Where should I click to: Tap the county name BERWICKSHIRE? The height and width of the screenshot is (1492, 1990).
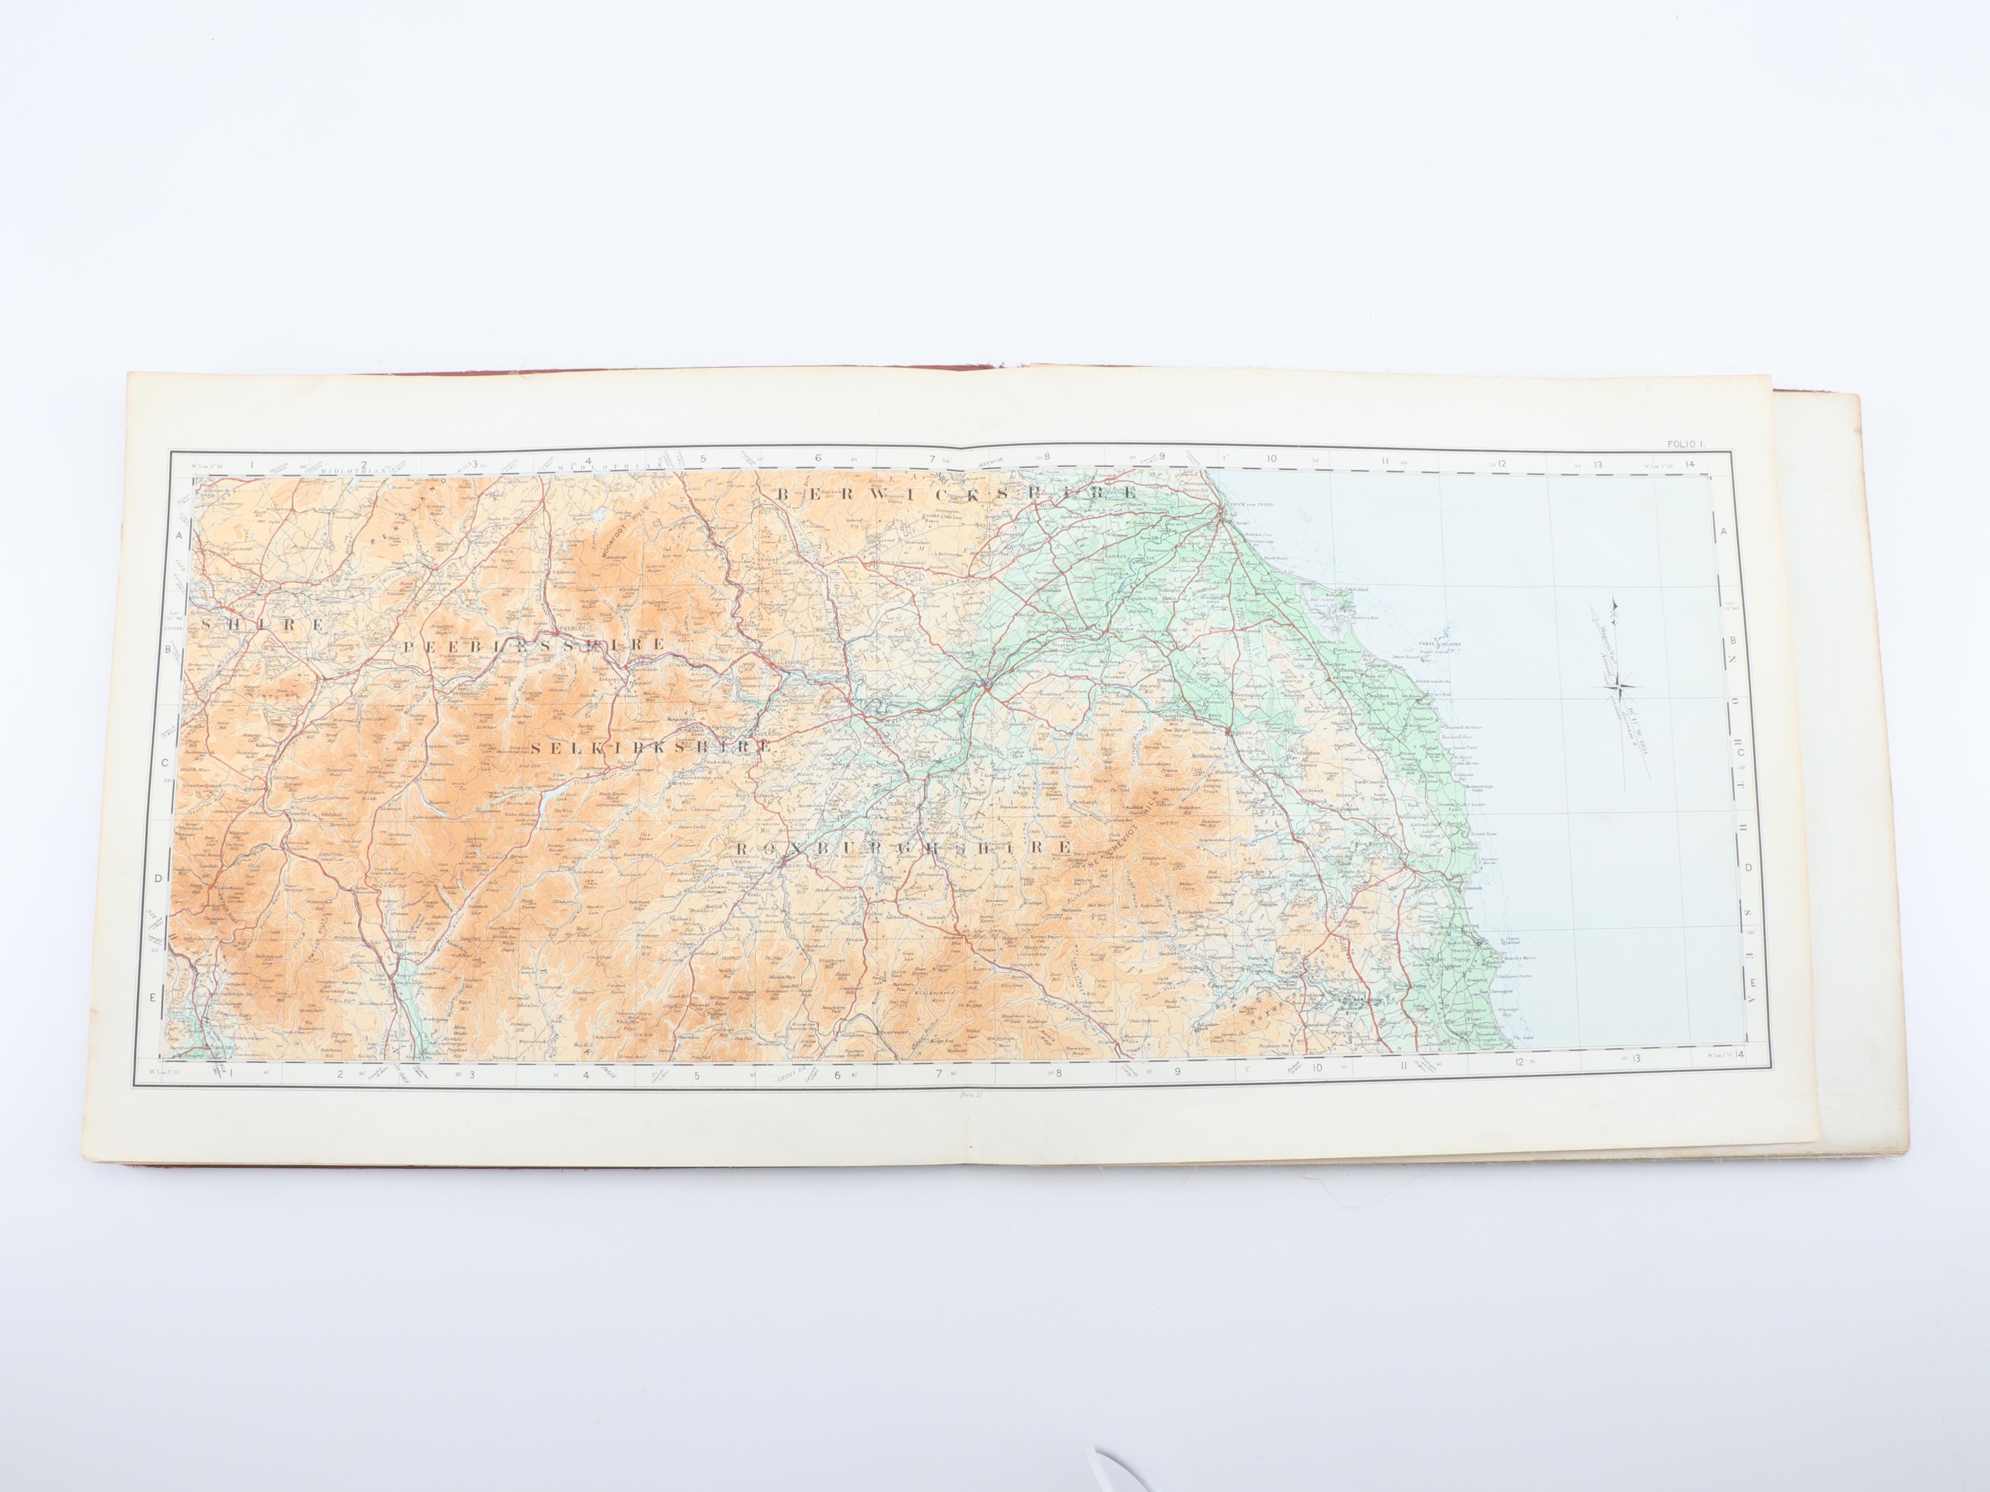coord(956,494)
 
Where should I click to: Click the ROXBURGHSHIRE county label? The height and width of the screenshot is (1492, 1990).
coord(903,847)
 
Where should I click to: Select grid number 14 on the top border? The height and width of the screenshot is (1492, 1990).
coord(1691,464)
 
